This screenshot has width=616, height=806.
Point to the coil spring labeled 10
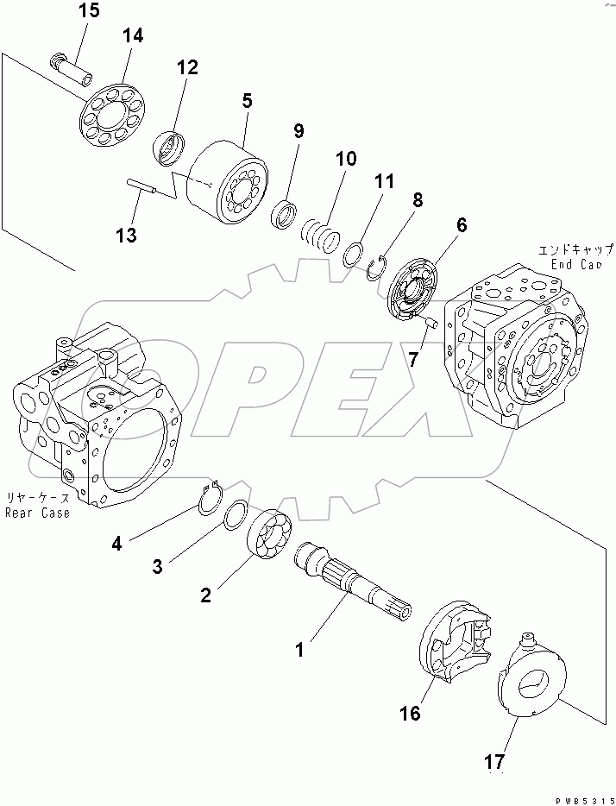[x=321, y=231]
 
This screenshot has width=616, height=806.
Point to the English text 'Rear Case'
[x=37, y=513]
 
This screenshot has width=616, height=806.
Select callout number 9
[x=299, y=131]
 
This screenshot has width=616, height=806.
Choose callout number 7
[x=413, y=360]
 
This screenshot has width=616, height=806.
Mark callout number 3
[x=158, y=566]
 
